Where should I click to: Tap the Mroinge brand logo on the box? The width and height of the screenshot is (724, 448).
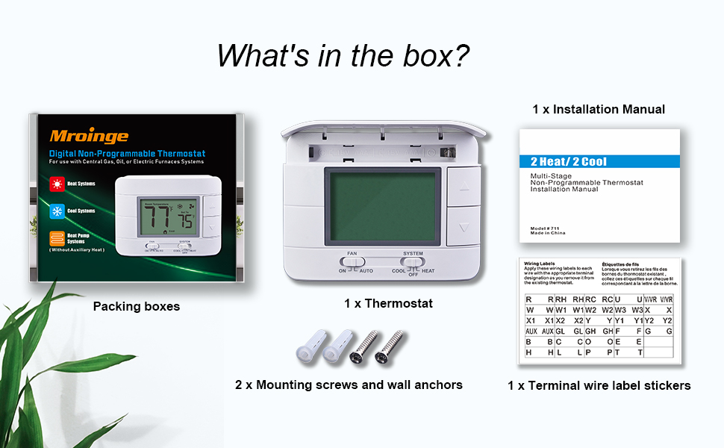89,136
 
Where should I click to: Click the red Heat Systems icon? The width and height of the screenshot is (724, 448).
57,184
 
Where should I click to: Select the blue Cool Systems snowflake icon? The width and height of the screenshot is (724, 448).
57,211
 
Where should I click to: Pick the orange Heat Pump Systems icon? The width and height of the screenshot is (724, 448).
57,239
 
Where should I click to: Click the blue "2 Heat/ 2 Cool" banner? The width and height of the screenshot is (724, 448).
599,161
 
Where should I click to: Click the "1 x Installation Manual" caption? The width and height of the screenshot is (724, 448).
599,109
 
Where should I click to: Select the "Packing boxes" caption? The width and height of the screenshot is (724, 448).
136,306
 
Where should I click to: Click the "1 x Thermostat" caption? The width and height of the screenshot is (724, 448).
388,304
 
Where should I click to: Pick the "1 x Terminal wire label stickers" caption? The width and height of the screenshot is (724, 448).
599,385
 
